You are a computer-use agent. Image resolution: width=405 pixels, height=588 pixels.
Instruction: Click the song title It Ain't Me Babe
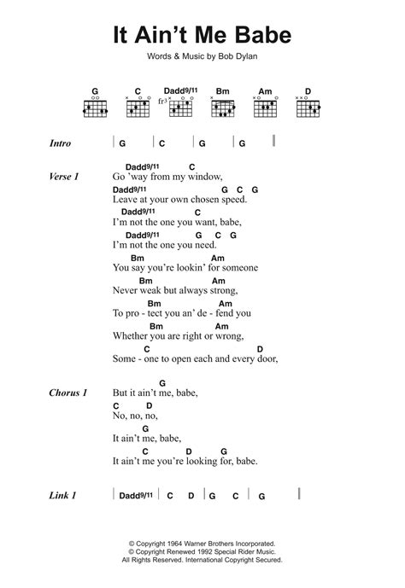coord(202,37)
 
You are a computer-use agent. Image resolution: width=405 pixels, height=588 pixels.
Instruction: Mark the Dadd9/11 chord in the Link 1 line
coord(137,496)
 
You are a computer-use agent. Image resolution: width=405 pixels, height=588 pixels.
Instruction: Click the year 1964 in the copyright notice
coord(170,541)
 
